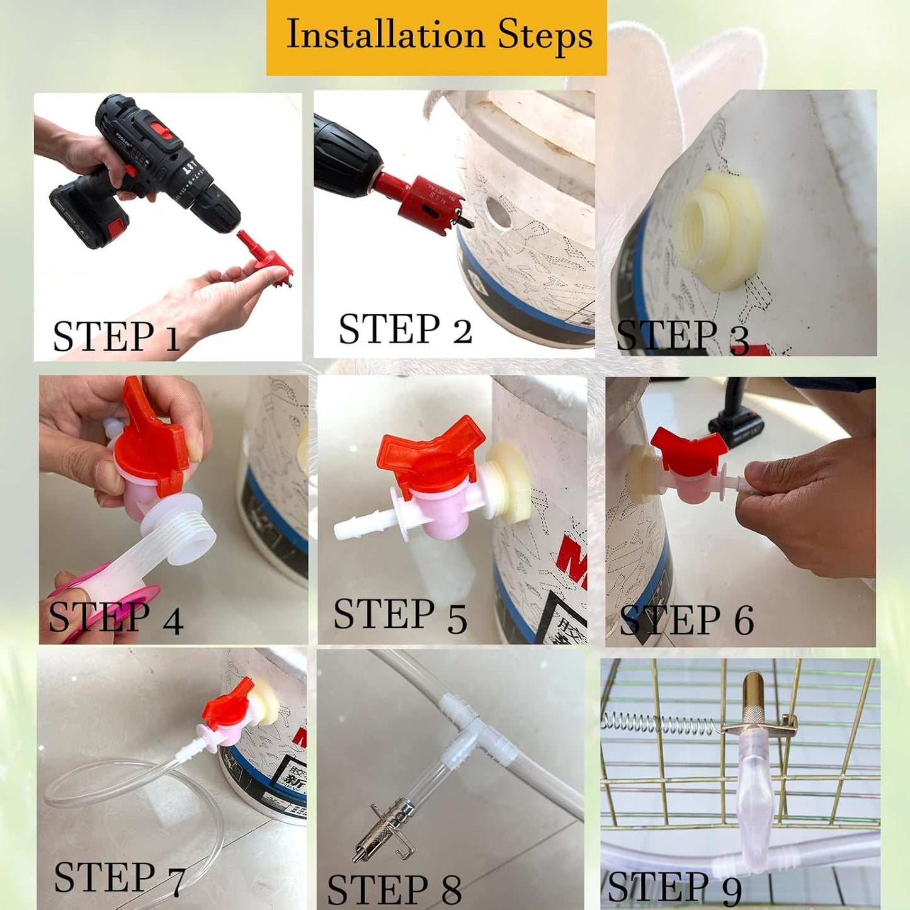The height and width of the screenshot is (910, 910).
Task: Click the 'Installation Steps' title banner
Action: click(436, 37)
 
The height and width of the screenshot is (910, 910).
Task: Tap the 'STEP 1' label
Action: click(116, 336)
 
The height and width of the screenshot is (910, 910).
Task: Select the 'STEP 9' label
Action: click(674, 888)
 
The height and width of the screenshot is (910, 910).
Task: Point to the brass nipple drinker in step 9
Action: click(752, 699)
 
